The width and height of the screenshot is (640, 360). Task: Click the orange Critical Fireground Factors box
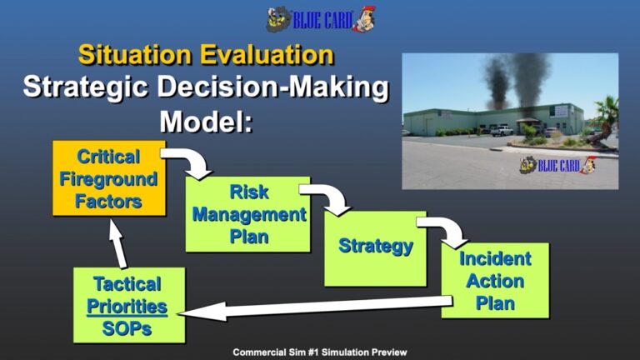(x=109, y=178)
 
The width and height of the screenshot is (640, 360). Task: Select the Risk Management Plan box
(x=247, y=214)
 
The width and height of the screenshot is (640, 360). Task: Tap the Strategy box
(x=375, y=248)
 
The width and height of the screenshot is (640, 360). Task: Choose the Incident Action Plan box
(x=495, y=280)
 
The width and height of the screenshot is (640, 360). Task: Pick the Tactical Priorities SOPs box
(x=129, y=305)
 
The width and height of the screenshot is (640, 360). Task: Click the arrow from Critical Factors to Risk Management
(x=192, y=160)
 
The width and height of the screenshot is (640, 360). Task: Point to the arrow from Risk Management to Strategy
(x=331, y=196)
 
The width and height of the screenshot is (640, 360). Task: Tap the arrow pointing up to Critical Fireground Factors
(x=118, y=243)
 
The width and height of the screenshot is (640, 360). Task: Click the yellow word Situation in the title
(x=135, y=55)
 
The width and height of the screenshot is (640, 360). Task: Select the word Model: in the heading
(x=206, y=121)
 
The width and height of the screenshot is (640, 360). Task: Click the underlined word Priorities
(x=127, y=307)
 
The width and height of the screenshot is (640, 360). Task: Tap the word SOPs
(x=127, y=328)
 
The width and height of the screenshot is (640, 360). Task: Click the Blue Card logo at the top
(x=321, y=19)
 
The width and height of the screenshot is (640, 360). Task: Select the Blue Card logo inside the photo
(x=557, y=165)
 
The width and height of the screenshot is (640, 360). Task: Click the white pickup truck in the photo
(x=502, y=131)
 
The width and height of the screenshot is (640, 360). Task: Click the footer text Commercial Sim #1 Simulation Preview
(x=320, y=352)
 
